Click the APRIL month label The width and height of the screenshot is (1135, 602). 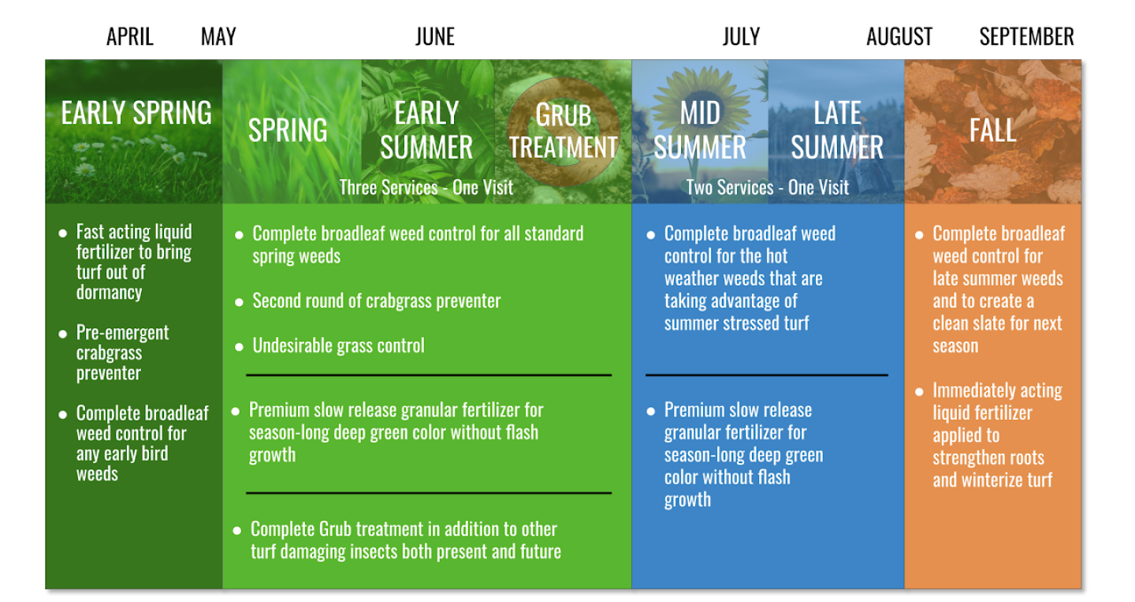[130, 36]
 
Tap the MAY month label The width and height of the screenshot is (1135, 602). [218, 36]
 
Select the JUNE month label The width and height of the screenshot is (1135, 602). [435, 36]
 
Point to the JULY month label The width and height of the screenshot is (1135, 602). [741, 36]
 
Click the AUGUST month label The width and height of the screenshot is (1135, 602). [899, 36]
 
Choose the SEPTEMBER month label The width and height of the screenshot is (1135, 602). [1026, 36]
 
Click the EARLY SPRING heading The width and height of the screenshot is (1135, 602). [136, 113]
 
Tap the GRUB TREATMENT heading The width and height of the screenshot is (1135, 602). [563, 131]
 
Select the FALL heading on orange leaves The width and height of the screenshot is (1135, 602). [992, 130]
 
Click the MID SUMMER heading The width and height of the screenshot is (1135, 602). [700, 130]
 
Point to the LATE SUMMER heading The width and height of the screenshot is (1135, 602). [837, 130]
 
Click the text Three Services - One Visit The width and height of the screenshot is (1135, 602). [426, 188]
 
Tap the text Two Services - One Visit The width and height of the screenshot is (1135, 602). [767, 188]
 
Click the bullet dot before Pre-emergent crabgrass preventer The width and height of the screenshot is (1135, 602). [63, 335]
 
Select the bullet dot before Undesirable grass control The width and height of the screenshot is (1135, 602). [239, 347]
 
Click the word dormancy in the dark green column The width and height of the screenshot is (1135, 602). [109, 293]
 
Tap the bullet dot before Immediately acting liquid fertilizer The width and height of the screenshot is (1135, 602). [919, 392]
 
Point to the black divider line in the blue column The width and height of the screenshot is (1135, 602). [767, 376]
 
